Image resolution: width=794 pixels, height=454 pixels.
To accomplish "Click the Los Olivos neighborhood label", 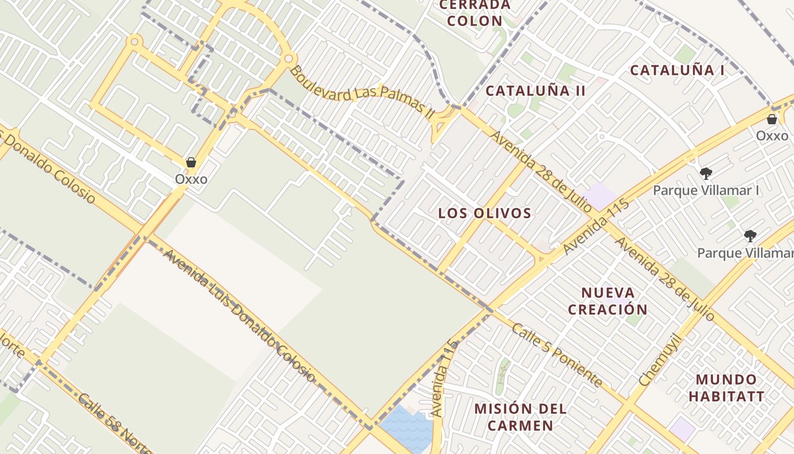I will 484,213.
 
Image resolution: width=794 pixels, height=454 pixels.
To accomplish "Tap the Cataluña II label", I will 535,91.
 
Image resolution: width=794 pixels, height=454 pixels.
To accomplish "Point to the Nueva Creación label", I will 607,301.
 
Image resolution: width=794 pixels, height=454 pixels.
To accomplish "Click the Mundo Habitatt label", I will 727,388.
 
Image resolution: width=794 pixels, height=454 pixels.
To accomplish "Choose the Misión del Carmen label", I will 521,417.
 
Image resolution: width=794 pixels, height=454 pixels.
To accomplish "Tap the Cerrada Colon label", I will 475,13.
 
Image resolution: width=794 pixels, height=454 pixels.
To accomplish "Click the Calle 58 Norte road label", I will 113,423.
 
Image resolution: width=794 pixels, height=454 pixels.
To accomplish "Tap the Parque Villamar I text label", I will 706,190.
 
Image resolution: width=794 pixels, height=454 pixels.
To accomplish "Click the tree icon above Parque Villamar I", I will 706,174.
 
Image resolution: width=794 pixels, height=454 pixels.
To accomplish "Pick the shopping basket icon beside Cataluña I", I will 771,119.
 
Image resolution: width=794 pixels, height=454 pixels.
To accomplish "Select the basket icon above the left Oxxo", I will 191,163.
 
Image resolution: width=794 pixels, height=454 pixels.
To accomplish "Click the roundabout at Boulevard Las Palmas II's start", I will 288,58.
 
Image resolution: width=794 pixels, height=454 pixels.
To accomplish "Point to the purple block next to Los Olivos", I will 600,196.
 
